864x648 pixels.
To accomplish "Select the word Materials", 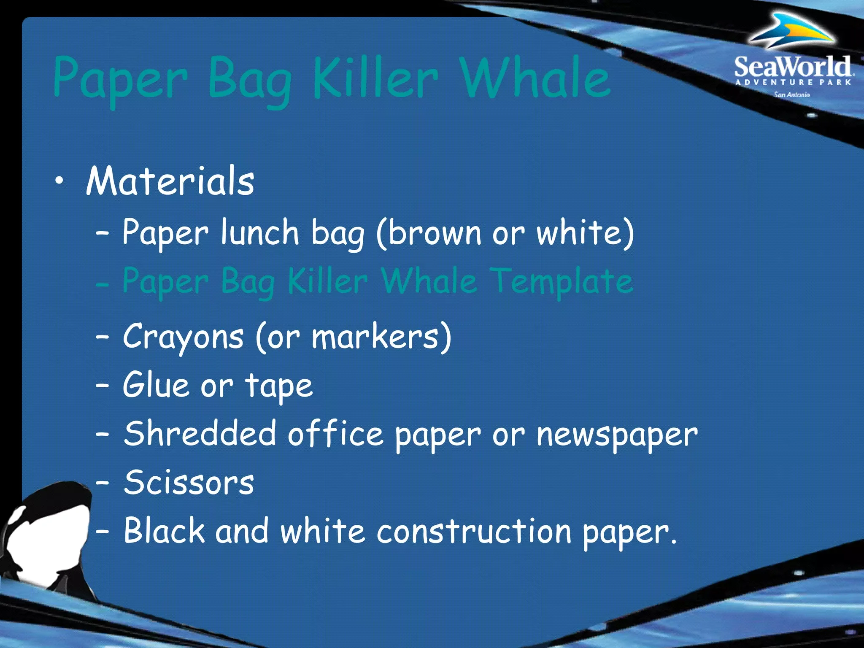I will pyautogui.click(x=170, y=181).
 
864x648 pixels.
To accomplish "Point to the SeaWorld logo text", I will pyautogui.click(x=792, y=67).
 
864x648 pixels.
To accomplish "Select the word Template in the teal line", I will pyautogui.click(x=563, y=282).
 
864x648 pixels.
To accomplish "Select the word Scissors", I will pyautogui.click(x=189, y=482).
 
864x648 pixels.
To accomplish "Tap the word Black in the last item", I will pyautogui.click(x=164, y=531).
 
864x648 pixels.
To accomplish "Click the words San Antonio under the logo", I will pyautogui.click(x=792, y=94).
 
